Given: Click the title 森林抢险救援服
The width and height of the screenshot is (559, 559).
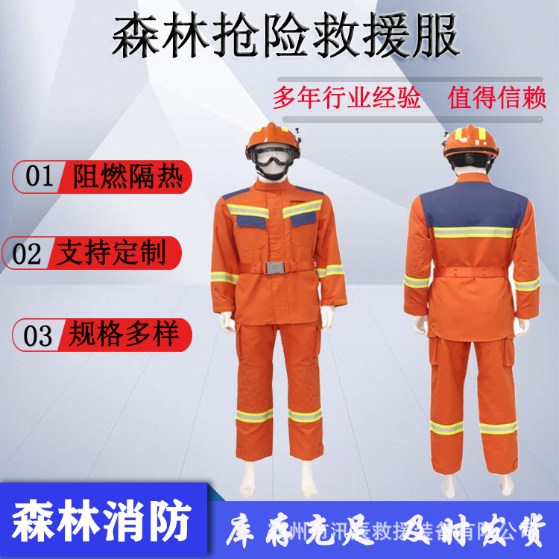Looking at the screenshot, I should (x=285, y=37).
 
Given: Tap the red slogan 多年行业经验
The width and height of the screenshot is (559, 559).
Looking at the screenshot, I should (x=347, y=98).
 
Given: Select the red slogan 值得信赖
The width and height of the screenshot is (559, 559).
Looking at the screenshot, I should (x=498, y=98).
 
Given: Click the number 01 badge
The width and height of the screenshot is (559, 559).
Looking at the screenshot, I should (x=40, y=177).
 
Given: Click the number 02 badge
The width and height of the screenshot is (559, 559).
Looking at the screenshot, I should (x=28, y=253).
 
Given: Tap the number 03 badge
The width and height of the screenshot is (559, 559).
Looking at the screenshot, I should (x=38, y=335).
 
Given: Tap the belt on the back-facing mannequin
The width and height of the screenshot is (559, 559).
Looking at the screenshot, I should (x=471, y=274).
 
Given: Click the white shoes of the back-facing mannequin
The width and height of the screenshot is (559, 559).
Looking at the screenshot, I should (x=471, y=484).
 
